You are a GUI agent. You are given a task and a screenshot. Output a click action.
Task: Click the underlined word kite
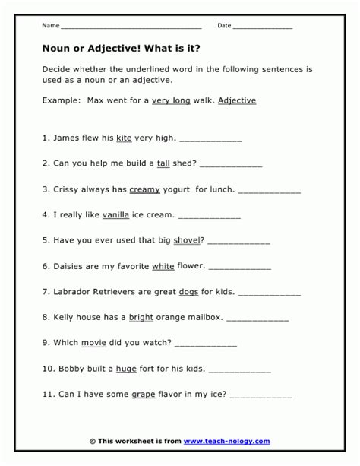[x=125, y=138]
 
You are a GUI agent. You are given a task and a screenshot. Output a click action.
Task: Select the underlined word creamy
[x=144, y=189]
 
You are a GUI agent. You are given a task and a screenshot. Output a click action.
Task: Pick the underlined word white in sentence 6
[x=163, y=267]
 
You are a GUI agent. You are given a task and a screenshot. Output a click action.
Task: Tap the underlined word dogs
[x=188, y=292]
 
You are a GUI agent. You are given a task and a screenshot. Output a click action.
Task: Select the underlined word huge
[x=126, y=369]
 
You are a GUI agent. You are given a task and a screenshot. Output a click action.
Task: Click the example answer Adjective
[x=236, y=100]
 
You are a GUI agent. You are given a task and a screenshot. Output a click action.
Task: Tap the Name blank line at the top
[x=129, y=27]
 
